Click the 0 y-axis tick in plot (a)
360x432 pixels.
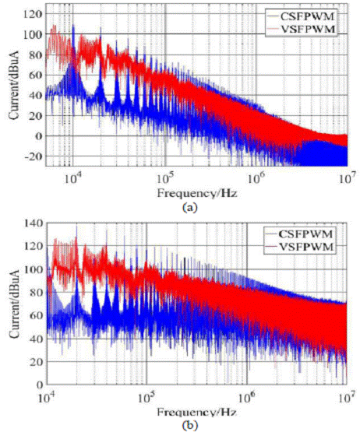point(37,135)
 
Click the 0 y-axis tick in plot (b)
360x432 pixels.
point(39,385)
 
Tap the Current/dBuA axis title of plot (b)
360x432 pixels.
point(11,304)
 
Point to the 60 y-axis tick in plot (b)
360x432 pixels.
point(35,315)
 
